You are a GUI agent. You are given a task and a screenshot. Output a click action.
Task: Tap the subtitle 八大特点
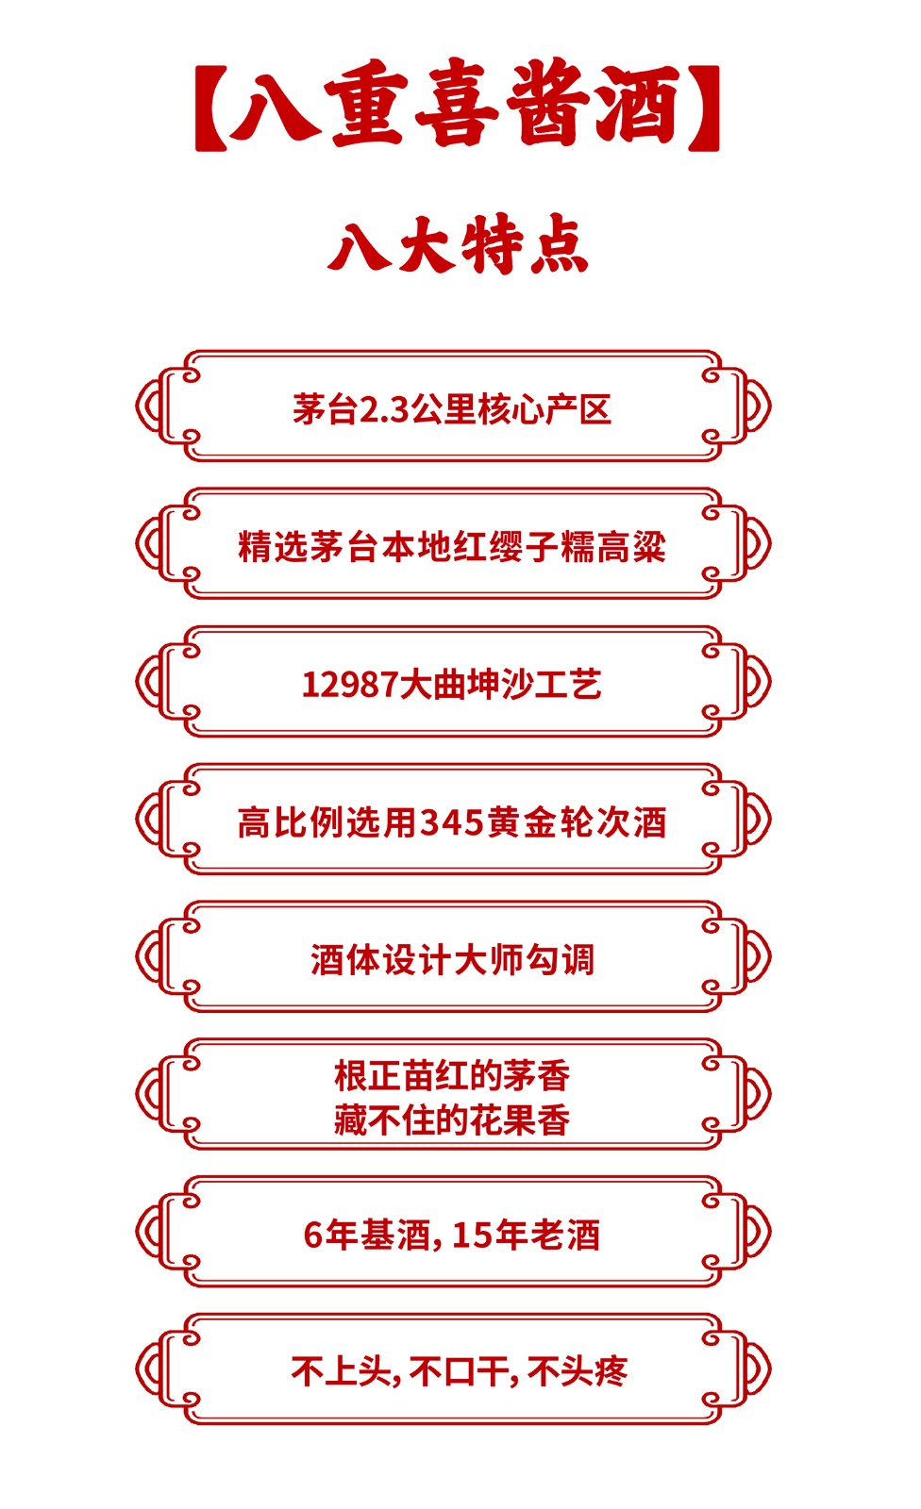pyautogui.click(x=459, y=245)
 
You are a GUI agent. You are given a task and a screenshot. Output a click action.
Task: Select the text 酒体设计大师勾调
pyautogui.click(x=452, y=960)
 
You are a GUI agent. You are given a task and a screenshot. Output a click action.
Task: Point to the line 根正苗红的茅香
pyautogui.click(x=452, y=1075)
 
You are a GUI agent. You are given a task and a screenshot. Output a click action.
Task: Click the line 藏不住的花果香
pyautogui.click(x=452, y=1120)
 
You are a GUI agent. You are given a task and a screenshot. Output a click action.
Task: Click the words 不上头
pyautogui.click(x=340, y=1371)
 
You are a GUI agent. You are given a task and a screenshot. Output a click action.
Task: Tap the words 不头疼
pyautogui.click(x=578, y=1371)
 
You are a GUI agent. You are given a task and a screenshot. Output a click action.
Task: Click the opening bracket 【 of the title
pyautogui.click(x=209, y=108)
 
